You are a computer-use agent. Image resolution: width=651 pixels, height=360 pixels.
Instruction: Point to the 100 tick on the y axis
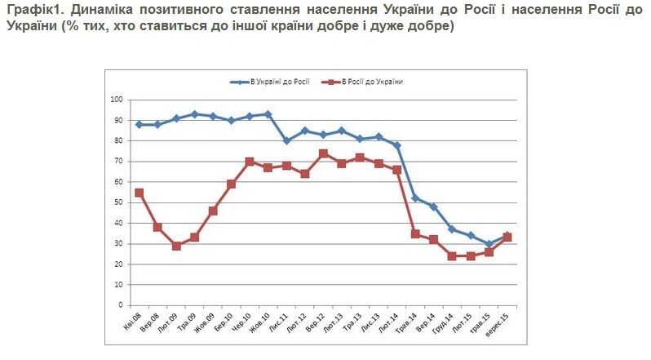click(116, 100)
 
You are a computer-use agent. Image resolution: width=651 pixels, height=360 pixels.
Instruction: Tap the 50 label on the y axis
click(117, 202)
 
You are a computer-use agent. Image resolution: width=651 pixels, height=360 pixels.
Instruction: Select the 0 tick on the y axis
click(120, 305)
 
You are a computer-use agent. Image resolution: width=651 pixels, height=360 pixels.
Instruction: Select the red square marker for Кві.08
click(139, 193)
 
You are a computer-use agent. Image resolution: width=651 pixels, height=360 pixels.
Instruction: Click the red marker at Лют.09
click(176, 246)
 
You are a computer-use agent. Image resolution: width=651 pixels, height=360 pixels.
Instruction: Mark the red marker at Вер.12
click(323, 153)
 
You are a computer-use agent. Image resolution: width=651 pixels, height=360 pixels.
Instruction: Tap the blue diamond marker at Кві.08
click(139, 124)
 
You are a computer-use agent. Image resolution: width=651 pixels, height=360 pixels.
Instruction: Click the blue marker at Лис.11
click(286, 140)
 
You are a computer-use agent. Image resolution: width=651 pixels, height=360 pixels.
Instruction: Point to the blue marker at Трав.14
click(415, 198)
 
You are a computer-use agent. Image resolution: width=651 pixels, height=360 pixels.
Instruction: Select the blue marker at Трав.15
click(489, 244)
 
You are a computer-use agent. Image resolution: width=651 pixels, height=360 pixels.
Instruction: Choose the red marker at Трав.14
click(415, 233)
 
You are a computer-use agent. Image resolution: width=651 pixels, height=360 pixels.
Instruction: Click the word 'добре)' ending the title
click(431, 27)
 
